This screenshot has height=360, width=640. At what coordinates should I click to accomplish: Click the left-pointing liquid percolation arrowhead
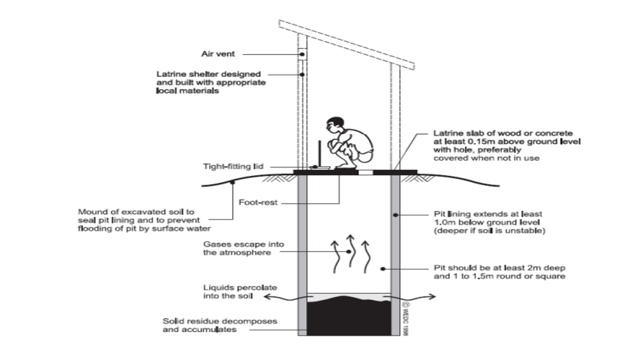266,297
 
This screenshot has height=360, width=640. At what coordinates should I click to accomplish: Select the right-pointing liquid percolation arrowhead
432,297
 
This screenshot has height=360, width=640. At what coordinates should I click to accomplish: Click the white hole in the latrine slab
366,172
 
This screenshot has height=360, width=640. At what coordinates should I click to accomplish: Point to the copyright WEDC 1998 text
405,317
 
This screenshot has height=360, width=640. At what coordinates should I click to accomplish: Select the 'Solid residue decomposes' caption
220,321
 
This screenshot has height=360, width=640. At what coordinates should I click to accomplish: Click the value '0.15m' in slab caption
465,141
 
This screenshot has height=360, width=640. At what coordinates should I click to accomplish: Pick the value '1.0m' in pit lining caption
444,222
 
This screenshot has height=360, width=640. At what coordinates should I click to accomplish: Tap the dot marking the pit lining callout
395,215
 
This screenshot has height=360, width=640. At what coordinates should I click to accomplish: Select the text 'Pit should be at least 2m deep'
500,268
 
